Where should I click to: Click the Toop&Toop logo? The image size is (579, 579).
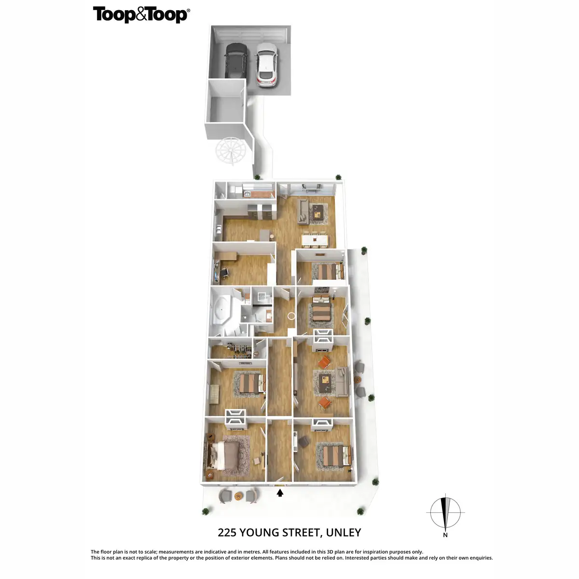pos(141,14)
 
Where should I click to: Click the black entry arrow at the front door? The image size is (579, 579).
pos(280,493)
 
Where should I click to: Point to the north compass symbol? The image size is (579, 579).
pos(445,512)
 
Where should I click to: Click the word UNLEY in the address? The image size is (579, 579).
pos(344,533)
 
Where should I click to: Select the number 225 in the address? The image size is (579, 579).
pos(227,533)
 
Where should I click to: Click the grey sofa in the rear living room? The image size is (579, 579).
pos(303,212)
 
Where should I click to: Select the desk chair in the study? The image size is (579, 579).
pos(225,273)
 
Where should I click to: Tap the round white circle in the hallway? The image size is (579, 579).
pos(291,317)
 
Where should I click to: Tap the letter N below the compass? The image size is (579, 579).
pos(445,535)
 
